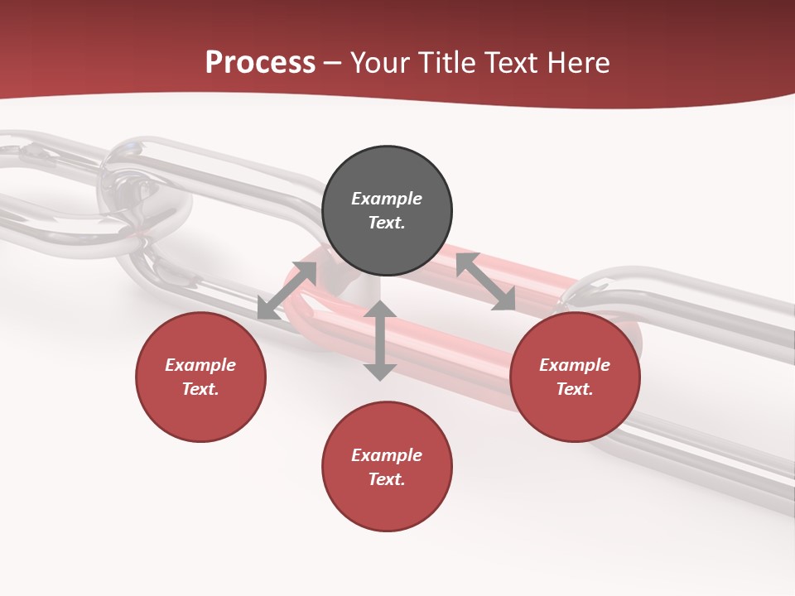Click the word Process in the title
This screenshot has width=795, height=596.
point(260,63)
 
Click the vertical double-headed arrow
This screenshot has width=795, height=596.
point(380,340)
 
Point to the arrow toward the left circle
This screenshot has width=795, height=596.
point(287,291)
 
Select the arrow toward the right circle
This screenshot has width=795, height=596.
point(486,281)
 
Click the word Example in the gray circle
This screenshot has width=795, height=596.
point(387,199)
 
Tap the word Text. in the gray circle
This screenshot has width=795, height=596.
point(387,223)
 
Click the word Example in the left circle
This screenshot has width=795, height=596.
point(200,365)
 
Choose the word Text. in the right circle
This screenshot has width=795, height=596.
point(575,389)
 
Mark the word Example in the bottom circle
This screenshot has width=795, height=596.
point(387,455)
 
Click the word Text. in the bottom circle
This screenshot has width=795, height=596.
point(387,479)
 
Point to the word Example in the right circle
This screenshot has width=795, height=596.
point(575,365)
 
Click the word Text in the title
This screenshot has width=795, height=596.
point(512,63)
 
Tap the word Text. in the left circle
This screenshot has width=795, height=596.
point(200,389)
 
